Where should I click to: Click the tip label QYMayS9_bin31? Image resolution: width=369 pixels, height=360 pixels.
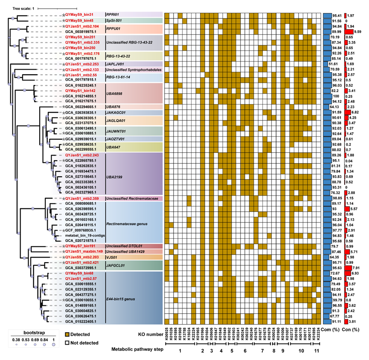click(x=80, y=15)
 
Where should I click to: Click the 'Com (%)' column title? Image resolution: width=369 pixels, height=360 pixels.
click(x=331, y=330)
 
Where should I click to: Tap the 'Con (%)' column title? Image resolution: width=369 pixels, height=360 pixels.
click(x=353, y=330)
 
